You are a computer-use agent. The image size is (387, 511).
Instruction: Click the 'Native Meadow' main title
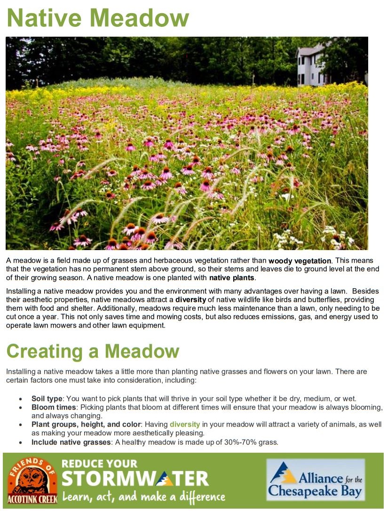(x=98, y=17)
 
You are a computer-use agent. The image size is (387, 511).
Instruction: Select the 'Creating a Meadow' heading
(x=93, y=351)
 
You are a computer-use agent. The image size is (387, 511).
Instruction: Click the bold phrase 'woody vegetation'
(x=300, y=261)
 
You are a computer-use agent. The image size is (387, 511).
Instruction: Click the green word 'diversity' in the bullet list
(x=185, y=424)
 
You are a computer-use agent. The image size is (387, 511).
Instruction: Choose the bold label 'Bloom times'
(x=53, y=407)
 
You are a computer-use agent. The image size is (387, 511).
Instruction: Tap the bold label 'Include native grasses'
(x=71, y=442)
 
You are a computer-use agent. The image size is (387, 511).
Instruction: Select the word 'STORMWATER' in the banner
(x=135, y=479)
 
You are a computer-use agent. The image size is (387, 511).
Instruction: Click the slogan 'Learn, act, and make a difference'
(x=143, y=496)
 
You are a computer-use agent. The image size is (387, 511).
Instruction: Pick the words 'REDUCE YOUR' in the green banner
(x=100, y=464)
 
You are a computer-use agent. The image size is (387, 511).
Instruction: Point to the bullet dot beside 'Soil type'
(x=20, y=399)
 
